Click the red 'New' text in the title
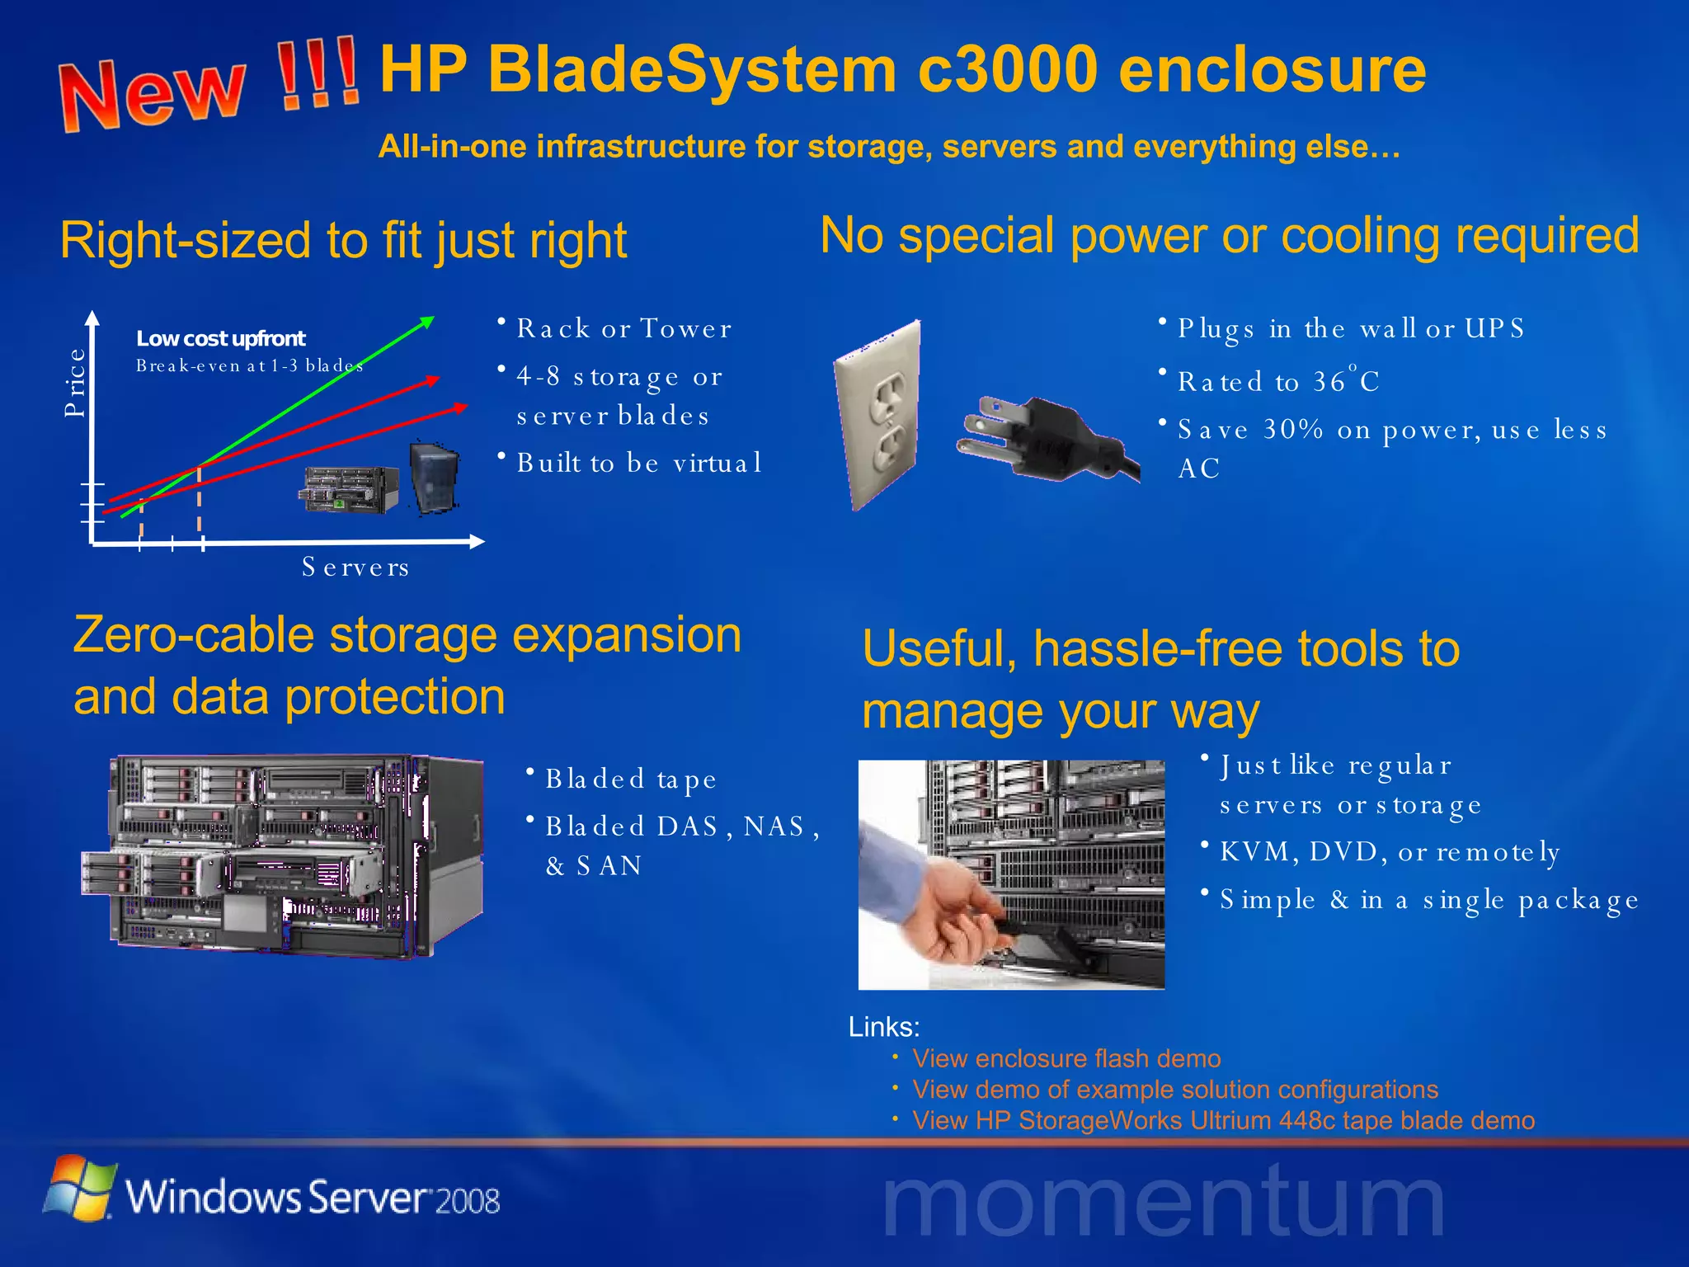(x=153, y=92)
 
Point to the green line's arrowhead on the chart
(x=427, y=321)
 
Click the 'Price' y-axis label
(x=75, y=382)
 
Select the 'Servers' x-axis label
(x=355, y=568)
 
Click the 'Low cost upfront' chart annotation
(x=220, y=338)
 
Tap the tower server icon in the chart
(x=435, y=477)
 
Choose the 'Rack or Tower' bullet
(x=623, y=328)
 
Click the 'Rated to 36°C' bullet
(x=1277, y=381)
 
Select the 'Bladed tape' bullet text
(x=630, y=779)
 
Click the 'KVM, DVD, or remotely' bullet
(x=1390, y=851)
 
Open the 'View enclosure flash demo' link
(x=1066, y=1058)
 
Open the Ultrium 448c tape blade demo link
(x=1223, y=1120)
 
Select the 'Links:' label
(x=884, y=1027)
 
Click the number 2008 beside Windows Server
(x=468, y=1201)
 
